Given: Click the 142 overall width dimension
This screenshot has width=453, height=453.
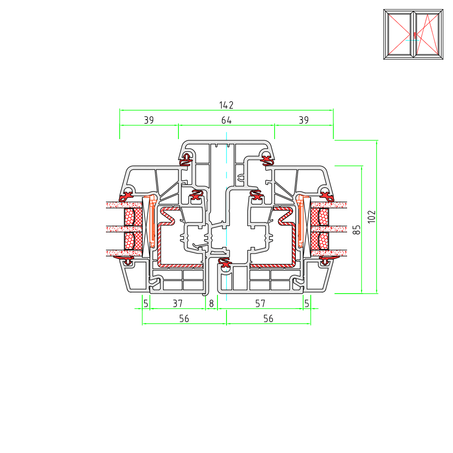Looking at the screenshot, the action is [x=226, y=105].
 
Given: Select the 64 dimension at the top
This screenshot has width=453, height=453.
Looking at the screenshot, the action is [x=226, y=120].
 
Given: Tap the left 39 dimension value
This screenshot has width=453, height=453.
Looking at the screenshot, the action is [x=149, y=120].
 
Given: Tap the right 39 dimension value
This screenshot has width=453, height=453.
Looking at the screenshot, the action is [x=304, y=120].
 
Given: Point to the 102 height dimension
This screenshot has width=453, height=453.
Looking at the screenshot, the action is [x=372, y=217].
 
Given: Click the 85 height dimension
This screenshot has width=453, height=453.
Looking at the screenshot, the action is [x=357, y=230].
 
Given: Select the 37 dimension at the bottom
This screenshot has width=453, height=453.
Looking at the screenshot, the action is [x=178, y=304].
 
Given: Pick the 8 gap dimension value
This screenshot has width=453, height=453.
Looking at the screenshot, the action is [x=212, y=304].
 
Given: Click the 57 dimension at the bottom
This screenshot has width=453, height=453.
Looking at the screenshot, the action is [x=260, y=304].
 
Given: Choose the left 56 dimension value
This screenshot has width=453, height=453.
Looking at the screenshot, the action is [x=184, y=318].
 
